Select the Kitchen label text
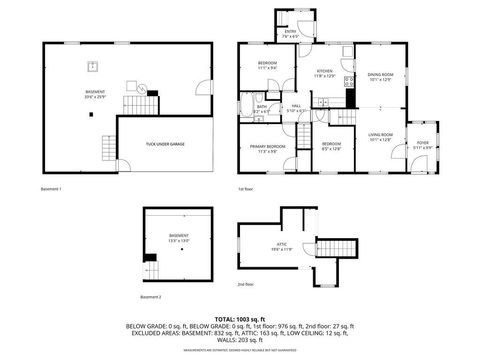coord(325,72)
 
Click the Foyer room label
coord(424,143)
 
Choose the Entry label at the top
coord(290,32)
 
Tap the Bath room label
coord(261,107)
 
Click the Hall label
coord(296,105)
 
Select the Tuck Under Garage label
coord(165,144)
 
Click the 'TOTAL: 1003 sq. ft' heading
coord(240,318)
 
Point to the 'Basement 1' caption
coord(51,189)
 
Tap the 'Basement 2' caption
coord(151,298)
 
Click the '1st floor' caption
coord(245,189)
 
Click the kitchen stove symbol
coord(348,80)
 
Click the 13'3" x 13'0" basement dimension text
coord(179,241)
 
